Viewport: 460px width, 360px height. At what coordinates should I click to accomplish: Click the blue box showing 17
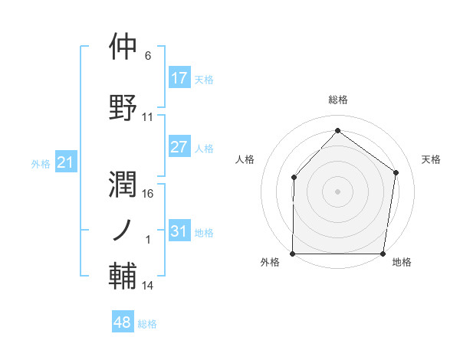click(179, 78)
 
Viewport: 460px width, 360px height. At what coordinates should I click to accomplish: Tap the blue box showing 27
click(179, 147)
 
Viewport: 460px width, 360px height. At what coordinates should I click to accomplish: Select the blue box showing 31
click(179, 231)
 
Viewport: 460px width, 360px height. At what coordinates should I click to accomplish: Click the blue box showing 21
click(65, 162)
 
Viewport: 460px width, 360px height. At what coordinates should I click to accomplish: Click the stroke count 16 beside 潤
click(148, 194)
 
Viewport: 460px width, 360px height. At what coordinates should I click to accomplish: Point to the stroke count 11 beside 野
click(148, 117)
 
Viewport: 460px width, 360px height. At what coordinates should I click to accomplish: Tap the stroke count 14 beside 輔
click(148, 286)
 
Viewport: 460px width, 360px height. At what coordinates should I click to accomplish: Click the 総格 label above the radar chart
click(338, 100)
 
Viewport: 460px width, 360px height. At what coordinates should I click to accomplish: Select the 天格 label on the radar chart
click(431, 159)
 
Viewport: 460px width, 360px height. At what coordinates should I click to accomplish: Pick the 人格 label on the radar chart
click(245, 159)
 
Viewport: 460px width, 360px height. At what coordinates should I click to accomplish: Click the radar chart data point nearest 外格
click(293, 254)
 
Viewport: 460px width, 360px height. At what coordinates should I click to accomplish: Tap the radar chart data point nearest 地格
click(383, 254)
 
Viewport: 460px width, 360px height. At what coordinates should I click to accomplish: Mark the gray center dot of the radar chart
click(338, 191)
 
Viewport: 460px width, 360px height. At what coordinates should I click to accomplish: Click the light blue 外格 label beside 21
click(41, 163)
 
